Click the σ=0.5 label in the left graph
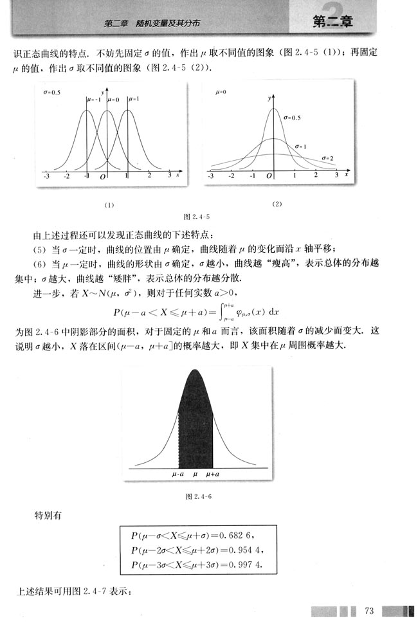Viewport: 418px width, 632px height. pyautogui.click(x=51, y=93)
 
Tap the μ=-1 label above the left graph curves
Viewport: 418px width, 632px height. pyautogui.click(x=94, y=99)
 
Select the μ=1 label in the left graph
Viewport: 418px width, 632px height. pyautogui.click(x=134, y=99)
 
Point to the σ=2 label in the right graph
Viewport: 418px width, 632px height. pyautogui.click(x=327, y=158)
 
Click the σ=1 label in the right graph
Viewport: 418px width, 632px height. pyautogui.click(x=300, y=147)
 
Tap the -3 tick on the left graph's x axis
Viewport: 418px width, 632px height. pyautogui.click(x=46, y=175)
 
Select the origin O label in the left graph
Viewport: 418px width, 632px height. pyautogui.click(x=102, y=176)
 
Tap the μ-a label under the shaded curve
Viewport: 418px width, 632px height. pyautogui.click(x=179, y=474)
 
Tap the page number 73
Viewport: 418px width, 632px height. pyautogui.click(x=369, y=610)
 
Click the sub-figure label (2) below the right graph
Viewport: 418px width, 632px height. pyautogui.click(x=277, y=204)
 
